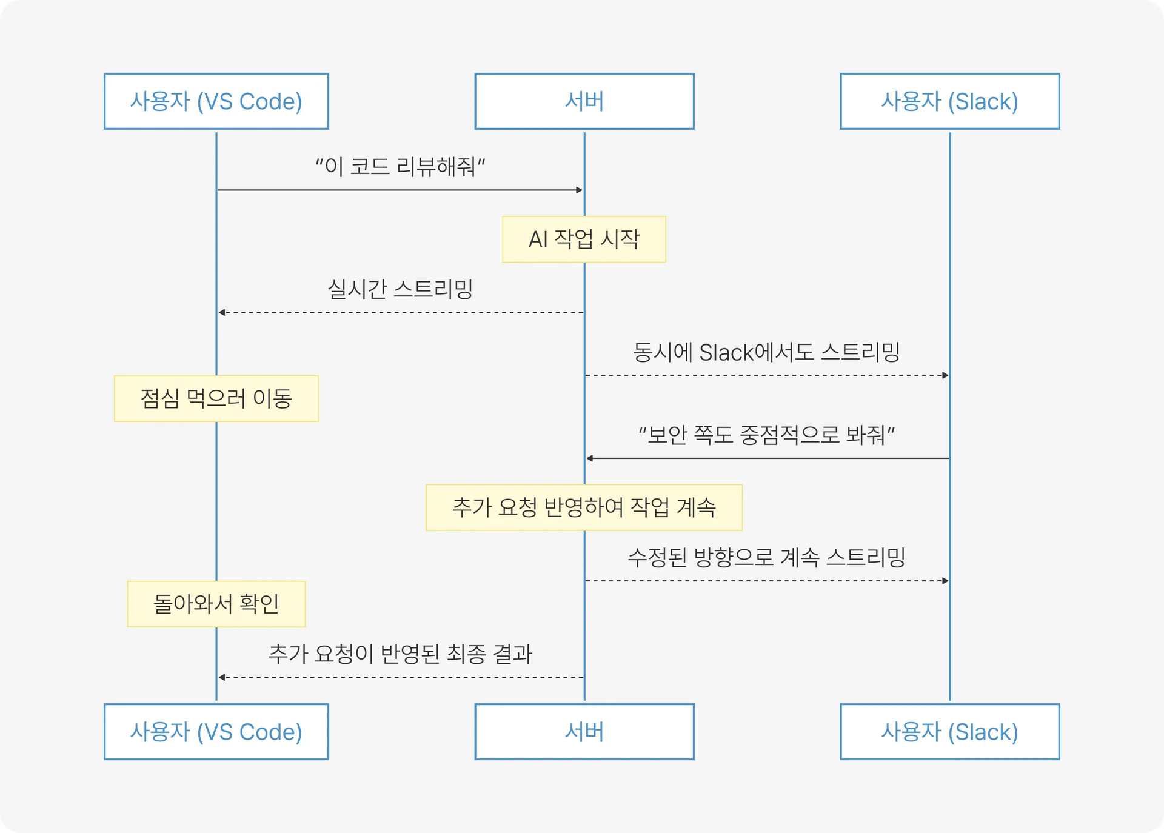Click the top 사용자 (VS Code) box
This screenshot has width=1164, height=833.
point(216,101)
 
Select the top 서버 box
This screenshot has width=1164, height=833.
point(584,101)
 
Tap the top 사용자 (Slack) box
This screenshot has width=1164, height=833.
point(949,101)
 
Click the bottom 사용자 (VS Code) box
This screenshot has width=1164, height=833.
point(216,732)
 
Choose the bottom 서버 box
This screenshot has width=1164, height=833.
point(584,732)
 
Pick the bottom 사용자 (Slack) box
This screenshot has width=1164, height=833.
point(949,732)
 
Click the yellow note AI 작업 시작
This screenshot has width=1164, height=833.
point(584,239)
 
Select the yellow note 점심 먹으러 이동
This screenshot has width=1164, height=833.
point(216,398)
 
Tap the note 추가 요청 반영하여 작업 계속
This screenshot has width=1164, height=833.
point(584,507)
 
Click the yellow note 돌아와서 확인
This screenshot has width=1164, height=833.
point(216,604)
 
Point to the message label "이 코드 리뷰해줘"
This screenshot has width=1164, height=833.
point(400,166)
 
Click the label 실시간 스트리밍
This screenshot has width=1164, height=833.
point(400,289)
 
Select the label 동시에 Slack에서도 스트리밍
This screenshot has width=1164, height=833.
point(766,352)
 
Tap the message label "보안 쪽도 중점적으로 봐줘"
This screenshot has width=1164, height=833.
point(766,435)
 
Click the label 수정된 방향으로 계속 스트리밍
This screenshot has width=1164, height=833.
point(766,557)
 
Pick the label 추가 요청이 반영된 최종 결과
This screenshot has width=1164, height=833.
point(400,654)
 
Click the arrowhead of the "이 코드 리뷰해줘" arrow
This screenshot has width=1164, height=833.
point(579,190)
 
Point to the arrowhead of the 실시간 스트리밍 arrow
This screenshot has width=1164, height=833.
point(222,312)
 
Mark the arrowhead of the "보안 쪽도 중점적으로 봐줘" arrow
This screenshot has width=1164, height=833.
point(590,458)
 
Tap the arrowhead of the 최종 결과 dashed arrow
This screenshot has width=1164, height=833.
point(222,677)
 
